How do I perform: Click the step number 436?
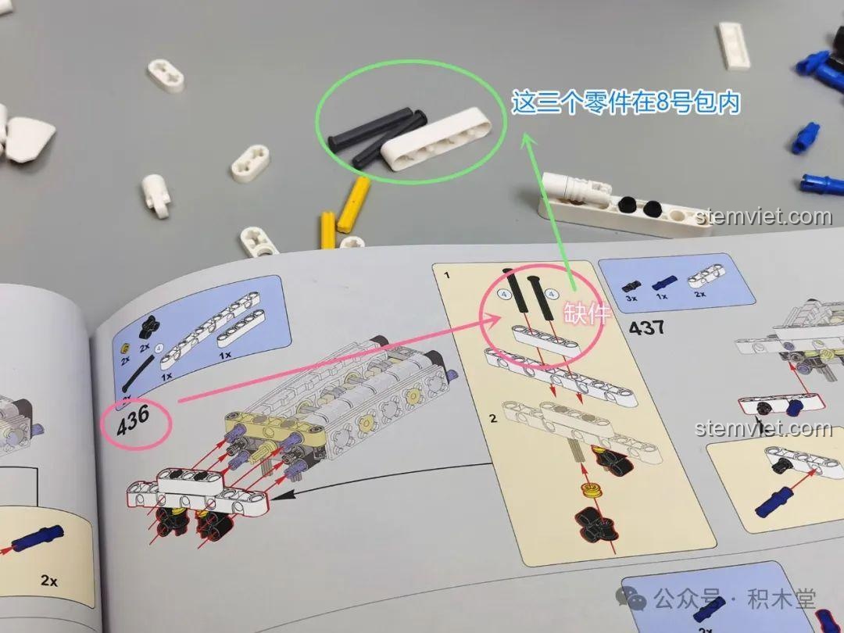[133, 420]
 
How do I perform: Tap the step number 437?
[646, 327]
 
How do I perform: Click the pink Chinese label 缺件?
[586, 313]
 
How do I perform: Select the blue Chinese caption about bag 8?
[625, 102]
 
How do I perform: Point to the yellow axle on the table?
[354, 204]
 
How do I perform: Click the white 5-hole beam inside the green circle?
[435, 139]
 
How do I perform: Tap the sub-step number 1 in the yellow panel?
[447, 276]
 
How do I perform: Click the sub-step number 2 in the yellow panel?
[493, 418]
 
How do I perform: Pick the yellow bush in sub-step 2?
[591, 490]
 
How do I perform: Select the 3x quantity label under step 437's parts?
[631, 299]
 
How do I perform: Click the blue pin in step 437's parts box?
[665, 282]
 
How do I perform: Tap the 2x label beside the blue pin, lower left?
[49, 580]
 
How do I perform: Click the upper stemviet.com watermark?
[764, 217]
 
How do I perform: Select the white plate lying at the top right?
[734, 46]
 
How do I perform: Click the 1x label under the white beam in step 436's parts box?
[225, 355]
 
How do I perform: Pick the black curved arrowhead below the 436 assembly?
[284, 495]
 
